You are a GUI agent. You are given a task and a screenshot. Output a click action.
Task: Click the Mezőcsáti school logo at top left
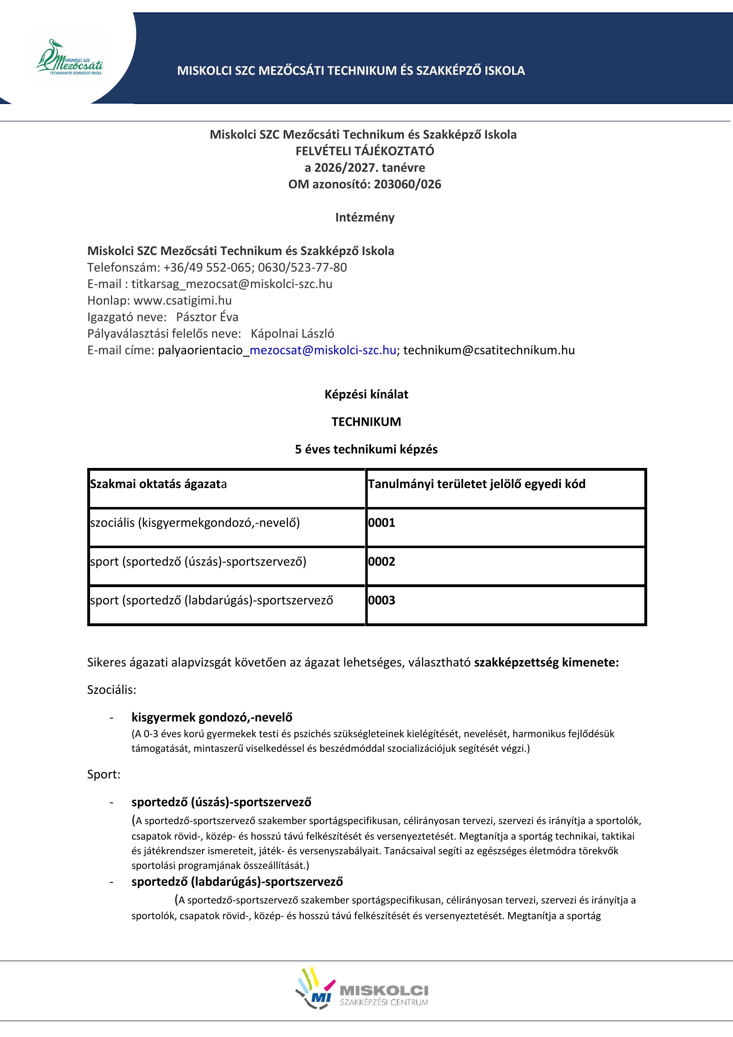[x=69, y=58]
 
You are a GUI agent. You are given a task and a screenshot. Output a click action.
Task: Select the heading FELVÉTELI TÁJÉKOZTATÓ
[x=365, y=151]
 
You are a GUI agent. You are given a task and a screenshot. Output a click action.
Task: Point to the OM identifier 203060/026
[x=407, y=184]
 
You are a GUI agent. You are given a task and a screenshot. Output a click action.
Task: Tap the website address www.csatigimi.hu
[x=182, y=300]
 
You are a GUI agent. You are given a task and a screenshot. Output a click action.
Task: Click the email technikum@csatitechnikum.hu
[x=489, y=350]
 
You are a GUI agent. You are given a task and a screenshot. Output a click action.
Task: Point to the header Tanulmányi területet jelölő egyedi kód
[x=476, y=484]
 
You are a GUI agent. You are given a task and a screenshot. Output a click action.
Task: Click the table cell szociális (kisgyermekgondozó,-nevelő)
[x=195, y=523]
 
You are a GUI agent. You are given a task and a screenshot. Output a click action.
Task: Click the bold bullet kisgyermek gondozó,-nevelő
[x=212, y=717]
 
